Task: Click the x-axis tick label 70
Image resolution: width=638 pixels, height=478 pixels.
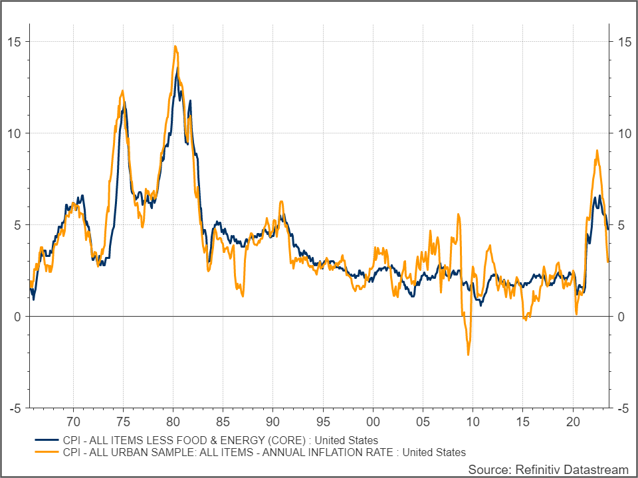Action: point(73,422)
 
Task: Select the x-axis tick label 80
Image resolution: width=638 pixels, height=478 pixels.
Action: point(173,422)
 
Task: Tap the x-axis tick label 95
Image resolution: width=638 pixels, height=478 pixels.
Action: point(323,422)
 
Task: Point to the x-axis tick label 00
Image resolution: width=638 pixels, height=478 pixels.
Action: point(373,422)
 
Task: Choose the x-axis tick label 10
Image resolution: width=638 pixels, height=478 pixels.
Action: point(473,422)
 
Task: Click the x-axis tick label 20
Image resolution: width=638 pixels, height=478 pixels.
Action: point(573,422)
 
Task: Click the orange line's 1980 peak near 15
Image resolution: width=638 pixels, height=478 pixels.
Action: point(175,46)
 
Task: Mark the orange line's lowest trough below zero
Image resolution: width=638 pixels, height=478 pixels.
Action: point(469,355)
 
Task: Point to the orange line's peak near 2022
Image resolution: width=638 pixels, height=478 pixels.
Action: point(597,151)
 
